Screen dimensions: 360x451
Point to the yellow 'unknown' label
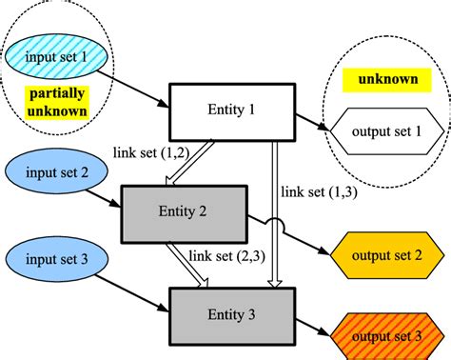(386, 78)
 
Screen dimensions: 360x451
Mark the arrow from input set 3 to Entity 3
(133, 283)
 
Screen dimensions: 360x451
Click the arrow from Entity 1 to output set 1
(315, 124)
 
